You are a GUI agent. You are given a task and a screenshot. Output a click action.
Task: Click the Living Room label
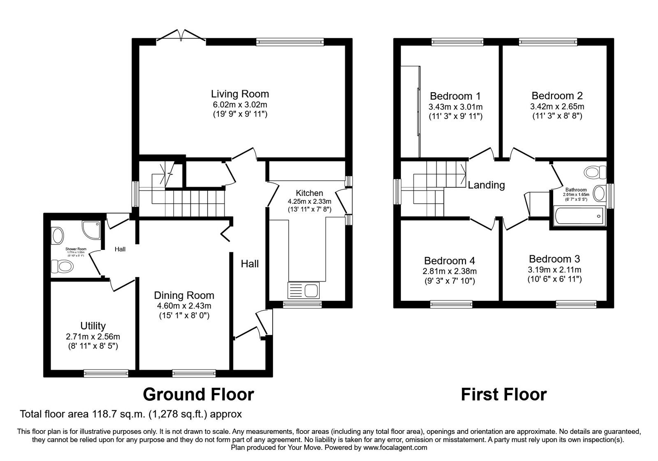[240, 94]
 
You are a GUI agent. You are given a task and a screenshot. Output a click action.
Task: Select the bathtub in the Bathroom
[578, 215]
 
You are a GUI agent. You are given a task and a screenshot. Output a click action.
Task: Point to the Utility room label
[93, 326]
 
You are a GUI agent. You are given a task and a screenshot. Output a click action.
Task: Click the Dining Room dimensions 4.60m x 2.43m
[184, 306]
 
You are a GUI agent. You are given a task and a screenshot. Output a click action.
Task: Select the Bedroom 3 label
[554, 259]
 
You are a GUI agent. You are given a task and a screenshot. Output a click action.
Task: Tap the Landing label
[486, 185]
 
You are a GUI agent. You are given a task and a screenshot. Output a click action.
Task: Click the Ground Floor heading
[198, 394]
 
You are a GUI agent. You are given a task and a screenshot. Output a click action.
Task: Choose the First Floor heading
[503, 394]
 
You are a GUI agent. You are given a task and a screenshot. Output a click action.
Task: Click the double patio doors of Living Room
[181, 36]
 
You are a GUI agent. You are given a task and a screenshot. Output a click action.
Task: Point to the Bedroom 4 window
[451, 304]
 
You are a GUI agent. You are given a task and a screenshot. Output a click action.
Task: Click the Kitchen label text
[309, 193]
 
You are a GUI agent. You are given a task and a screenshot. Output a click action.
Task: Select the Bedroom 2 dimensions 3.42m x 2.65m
[557, 107]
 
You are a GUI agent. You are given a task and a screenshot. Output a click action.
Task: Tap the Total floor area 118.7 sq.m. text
[131, 414]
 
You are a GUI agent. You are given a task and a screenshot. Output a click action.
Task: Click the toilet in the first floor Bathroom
[595, 172]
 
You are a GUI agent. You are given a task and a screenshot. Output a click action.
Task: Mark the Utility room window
[106, 373]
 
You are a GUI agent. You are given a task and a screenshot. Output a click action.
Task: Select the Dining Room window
[194, 373]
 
